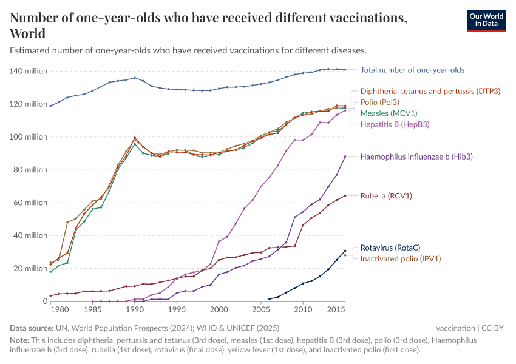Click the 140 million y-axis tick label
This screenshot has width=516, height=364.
(x=28, y=71)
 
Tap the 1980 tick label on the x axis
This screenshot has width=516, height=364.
(x=59, y=310)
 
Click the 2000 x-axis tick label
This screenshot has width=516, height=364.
(x=219, y=310)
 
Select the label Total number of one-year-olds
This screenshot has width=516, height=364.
(x=412, y=70)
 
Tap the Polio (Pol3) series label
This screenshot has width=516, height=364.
(x=380, y=102)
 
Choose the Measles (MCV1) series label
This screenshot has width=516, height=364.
(x=389, y=113)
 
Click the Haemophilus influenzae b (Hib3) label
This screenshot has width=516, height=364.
(x=416, y=157)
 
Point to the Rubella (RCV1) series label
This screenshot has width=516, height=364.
(x=386, y=196)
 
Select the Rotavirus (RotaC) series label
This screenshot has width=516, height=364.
(x=390, y=248)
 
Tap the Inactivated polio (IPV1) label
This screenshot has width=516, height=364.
(x=400, y=259)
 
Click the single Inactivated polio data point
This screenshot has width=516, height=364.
(x=345, y=255)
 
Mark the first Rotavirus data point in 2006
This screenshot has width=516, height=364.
(x=270, y=299)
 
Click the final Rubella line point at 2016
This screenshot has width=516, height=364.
(x=345, y=195)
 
